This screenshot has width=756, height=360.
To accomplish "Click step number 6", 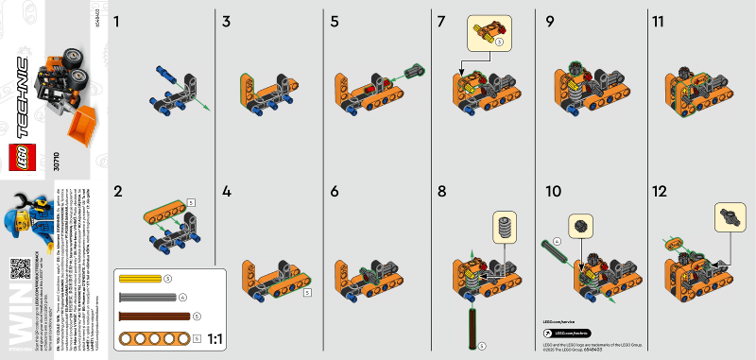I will tap(335, 190).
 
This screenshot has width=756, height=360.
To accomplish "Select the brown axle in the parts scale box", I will tap(152, 315).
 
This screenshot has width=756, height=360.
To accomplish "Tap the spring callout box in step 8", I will tap(506, 227).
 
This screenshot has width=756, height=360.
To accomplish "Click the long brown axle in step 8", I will tap(470, 323).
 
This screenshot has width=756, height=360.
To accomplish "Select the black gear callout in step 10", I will tap(578, 229).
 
